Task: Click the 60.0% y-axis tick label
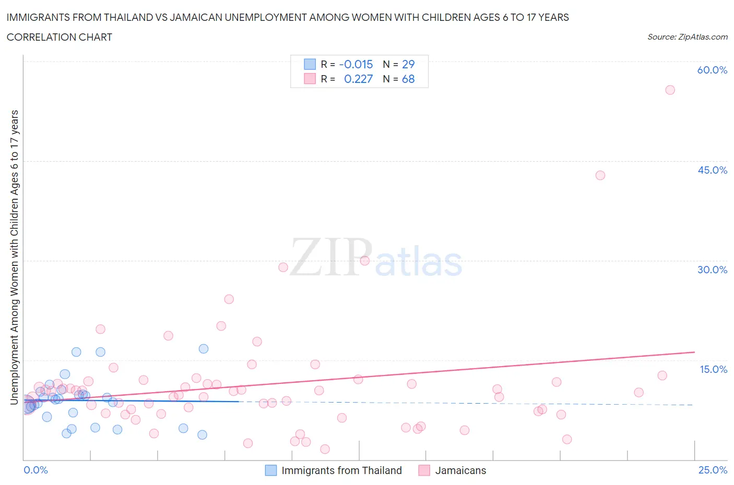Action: click(x=712, y=70)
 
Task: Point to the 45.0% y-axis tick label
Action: click(x=712, y=170)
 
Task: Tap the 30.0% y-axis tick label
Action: click(x=712, y=270)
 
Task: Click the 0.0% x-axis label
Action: click(x=35, y=470)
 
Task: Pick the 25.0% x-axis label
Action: click(x=713, y=470)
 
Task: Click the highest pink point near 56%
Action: click(x=670, y=90)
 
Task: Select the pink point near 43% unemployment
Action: click(x=600, y=175)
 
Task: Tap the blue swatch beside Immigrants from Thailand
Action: click(x=271, y=470)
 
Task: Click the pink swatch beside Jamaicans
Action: click(x=424, y=470)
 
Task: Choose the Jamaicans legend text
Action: click(x=460, y=470)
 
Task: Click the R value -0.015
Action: click(x=356, y=64)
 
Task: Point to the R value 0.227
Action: click(x=358, y=79)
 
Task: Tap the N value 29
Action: click(x=408, y=64)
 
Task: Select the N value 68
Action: click(x=408, y=79)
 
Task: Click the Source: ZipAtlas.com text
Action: click(x=687, y=37)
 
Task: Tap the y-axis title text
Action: click(x=14, y=257)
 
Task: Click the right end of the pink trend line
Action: click(x=694, y=353)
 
